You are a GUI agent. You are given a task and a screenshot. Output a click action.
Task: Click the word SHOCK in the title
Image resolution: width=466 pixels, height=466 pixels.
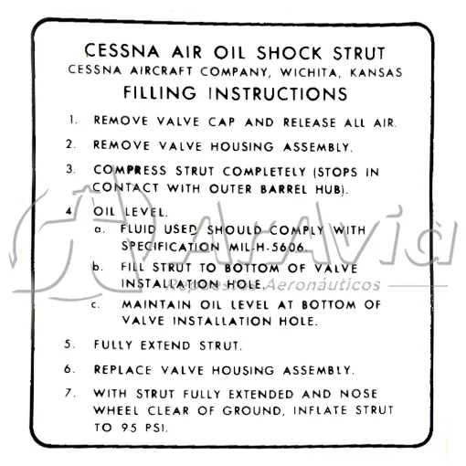pyautogui.click(x=289, y=53)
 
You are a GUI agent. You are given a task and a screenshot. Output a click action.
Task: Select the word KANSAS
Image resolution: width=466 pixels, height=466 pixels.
pyautogui.click(x=376, y=73)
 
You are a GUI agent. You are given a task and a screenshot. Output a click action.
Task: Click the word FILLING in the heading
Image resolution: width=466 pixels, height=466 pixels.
pyautogui.click(x=160, y=92)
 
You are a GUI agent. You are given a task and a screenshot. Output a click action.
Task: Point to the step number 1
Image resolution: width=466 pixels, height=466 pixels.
pyautogui.click(x=72, y=120)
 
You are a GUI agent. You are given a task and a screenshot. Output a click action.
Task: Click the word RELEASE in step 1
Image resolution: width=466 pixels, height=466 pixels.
pyautogui.click(x=310, y=122)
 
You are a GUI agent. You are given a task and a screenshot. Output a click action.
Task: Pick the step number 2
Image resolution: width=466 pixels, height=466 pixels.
pyautogui.click(x=70, y=144)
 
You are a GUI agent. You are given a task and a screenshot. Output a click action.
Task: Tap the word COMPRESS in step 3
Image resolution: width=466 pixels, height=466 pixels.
pyautogui.click(x=130, y=170)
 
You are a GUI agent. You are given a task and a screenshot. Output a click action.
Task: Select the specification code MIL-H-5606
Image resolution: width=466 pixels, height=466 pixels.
pyautogui.click(x=267, y=247)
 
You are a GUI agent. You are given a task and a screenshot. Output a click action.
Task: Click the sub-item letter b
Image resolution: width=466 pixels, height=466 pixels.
pyautogui.click(x=97, y=267)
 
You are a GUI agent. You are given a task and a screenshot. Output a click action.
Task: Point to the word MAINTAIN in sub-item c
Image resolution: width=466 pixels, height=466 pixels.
pyautogui.click(x=156, y=304)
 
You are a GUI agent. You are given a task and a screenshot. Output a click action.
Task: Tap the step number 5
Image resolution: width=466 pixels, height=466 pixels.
pyautogui.click(x=69, y=344)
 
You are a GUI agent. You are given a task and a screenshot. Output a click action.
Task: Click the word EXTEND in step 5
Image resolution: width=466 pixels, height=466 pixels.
pyautogui.click(x=165, y=345)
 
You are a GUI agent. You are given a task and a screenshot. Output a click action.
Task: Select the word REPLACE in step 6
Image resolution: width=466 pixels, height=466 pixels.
pyautogui.click(x=122, y=370)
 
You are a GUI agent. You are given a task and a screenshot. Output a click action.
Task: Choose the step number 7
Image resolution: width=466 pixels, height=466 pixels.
pyautogui.click(x=69, y=393)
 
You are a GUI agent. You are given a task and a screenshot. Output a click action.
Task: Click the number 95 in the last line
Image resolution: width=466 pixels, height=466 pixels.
pyautogui.click(x=129, y=428)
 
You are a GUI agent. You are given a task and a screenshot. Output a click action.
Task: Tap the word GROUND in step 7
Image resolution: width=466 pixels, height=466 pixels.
pyautogui.click(x=251, y=410)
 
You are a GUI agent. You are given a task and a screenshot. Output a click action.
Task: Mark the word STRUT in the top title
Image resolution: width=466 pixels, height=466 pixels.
pyautogui.click(x=359, y=54)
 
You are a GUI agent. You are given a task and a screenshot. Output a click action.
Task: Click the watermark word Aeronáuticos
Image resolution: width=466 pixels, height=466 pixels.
pyautogui.click(x=323, y=285)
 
